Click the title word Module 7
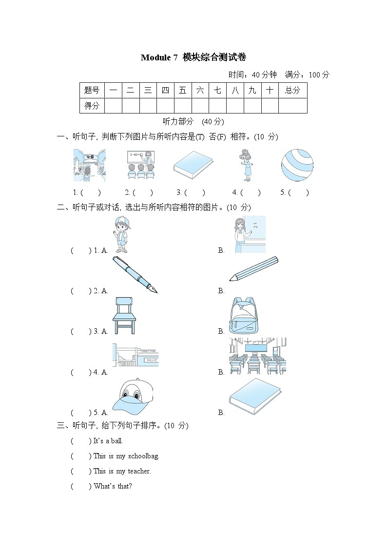pos(159,57)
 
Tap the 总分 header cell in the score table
pos(292,90)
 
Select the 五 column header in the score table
pos(183,90)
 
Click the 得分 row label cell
pos(92,105)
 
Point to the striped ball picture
pos(297,165)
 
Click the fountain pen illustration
pos(135,275)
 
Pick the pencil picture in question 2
pos(253,269)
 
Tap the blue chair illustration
pos(124,316)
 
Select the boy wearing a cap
pos(121,235)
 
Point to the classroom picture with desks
pos(257,356)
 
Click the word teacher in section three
pos(139,471)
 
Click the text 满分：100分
pos(307,75)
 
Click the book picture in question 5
pos(255,396)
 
